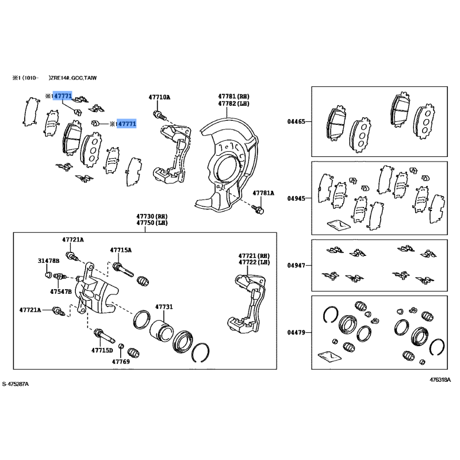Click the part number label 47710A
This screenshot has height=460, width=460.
pyautogui.click(x=159, y=97)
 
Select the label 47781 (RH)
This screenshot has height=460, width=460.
pyautogui.click(x=233, y=96)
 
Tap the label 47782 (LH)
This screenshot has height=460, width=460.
pyautogui.click(x=233, y=103)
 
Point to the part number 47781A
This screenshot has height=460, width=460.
pyautogui.click(x=263, y=193)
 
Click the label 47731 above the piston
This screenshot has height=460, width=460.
pyautogui.click(x=163, y=308)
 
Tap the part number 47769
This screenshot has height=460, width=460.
pyautogui.click(x=121, y=362)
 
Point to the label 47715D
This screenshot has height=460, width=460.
pyautogui.click(x=102, y=350)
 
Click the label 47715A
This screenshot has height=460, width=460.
pyautogui.click(x=121, y=250)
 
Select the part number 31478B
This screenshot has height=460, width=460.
pyautogui.click(x=49, y=261)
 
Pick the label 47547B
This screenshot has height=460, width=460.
pyautogui.click(x=60, y=292)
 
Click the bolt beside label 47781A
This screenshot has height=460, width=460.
pyautogui.click(x=259, y=209)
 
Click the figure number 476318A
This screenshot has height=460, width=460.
pyautogui.click(x=440, y=379)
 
